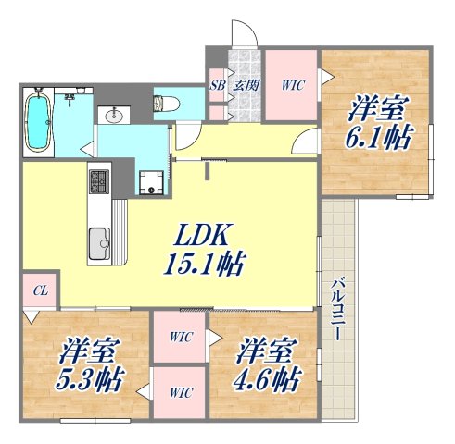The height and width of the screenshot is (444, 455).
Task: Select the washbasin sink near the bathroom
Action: (x=116, y=115)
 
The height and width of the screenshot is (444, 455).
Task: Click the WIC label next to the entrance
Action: (x=293, y=85)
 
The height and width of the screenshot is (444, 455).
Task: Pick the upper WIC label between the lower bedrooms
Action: (x=181, y=337)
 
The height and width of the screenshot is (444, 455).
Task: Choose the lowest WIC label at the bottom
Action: (x=181, y=392)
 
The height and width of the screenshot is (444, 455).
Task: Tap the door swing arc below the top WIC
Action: (x=307, y=141)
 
